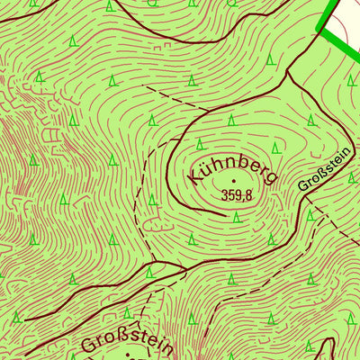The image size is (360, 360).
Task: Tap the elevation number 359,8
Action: pyautogui.click(x=236, y=193)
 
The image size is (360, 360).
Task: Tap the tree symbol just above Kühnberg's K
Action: pyautogui.click(x=201, y=144)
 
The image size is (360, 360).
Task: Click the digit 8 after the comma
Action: pyautogui.click(x=248, y=193)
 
